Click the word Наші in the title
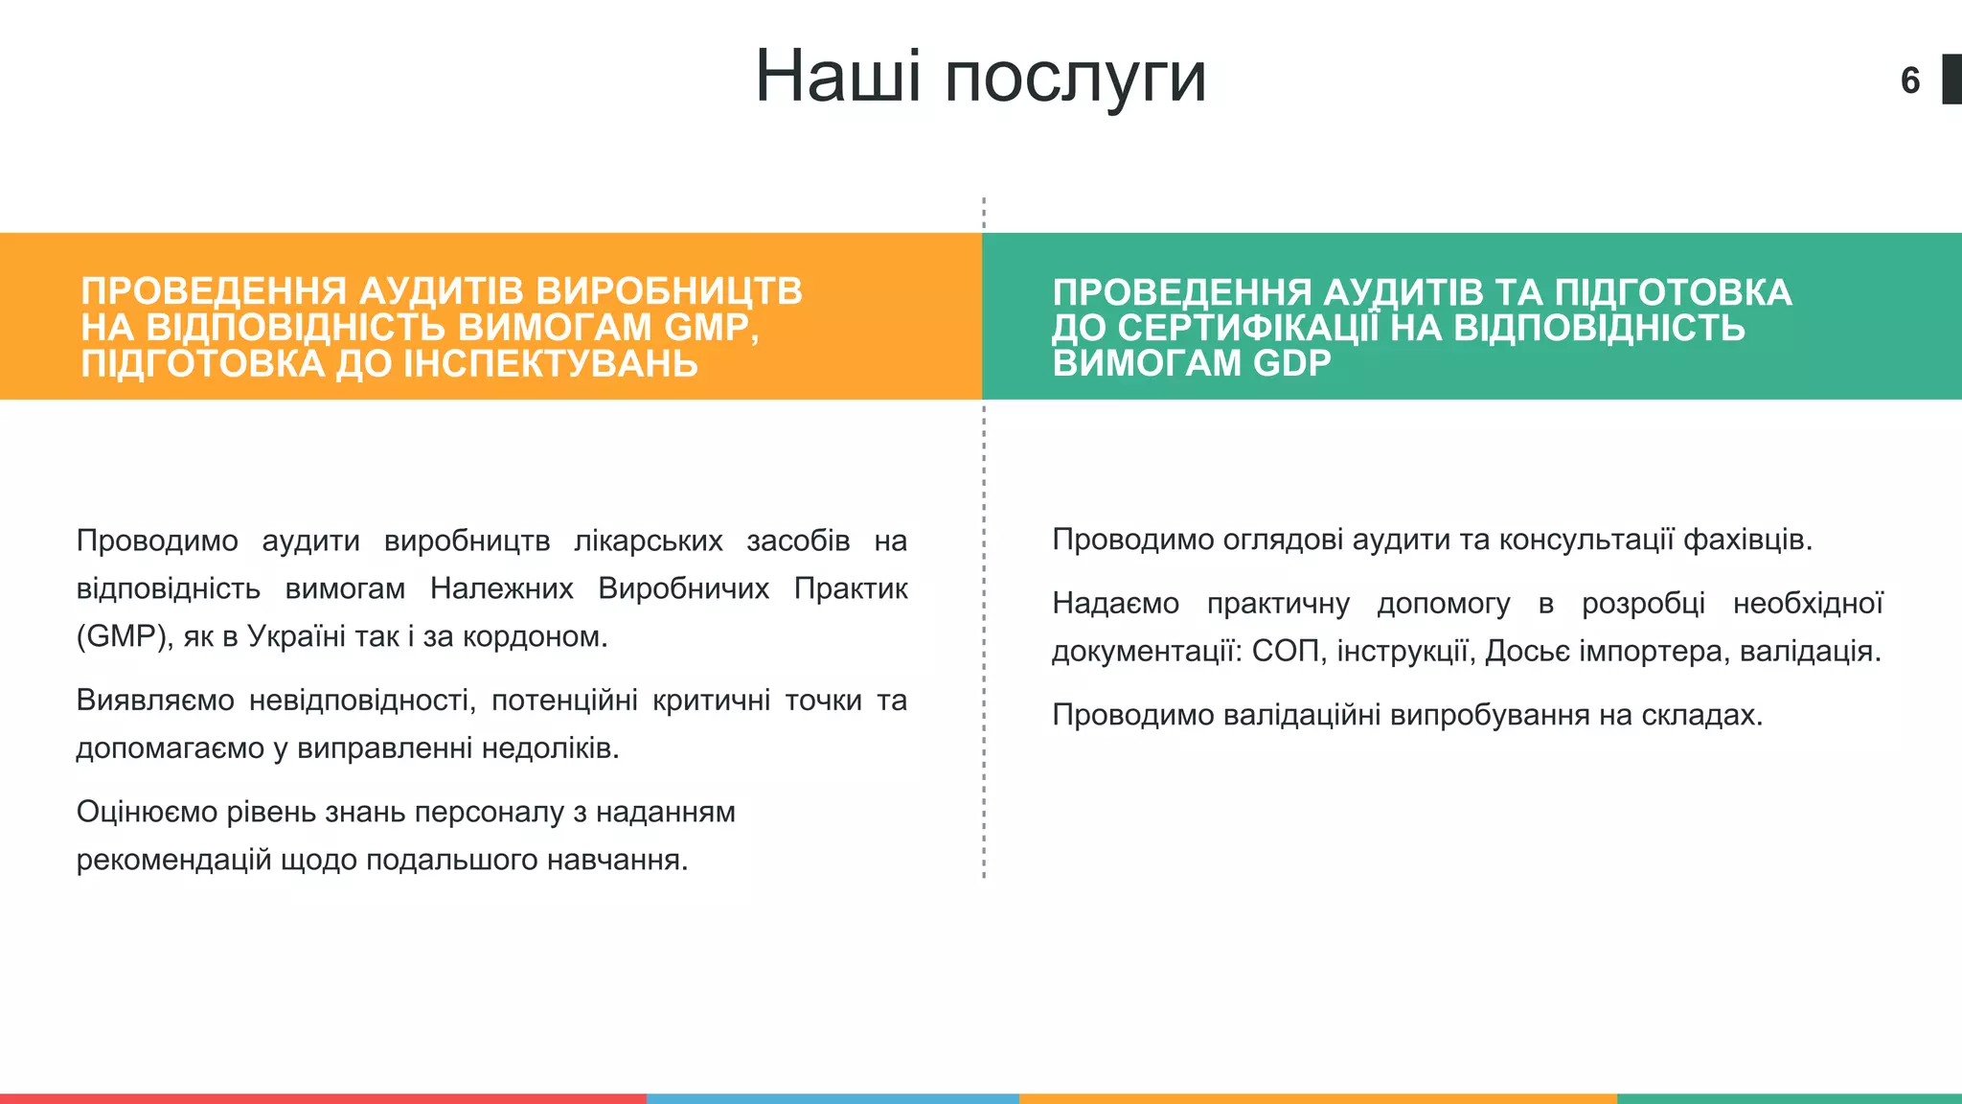[x=837, y=77]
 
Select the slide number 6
[x=1909, y=80]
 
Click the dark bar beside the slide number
[x=1951, y=80]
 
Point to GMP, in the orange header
[x=711, y=328]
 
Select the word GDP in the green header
[x=1292, y=363]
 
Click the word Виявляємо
[x=154, y=701]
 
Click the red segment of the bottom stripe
[x=322, y=1098]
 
